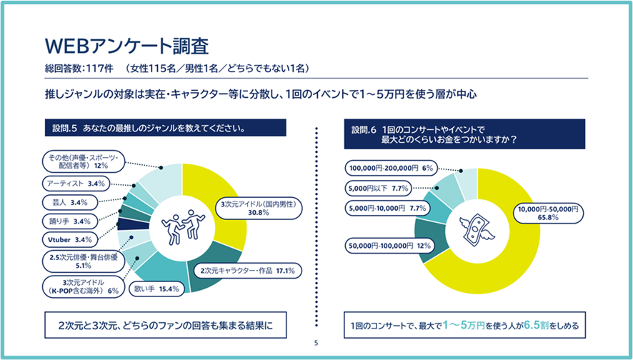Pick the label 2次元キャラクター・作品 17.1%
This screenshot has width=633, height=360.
[248, 271]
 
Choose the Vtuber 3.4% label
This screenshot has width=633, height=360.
[70, 239]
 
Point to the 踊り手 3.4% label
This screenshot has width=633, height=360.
[70, 221]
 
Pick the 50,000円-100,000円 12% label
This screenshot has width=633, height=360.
[389, 246]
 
